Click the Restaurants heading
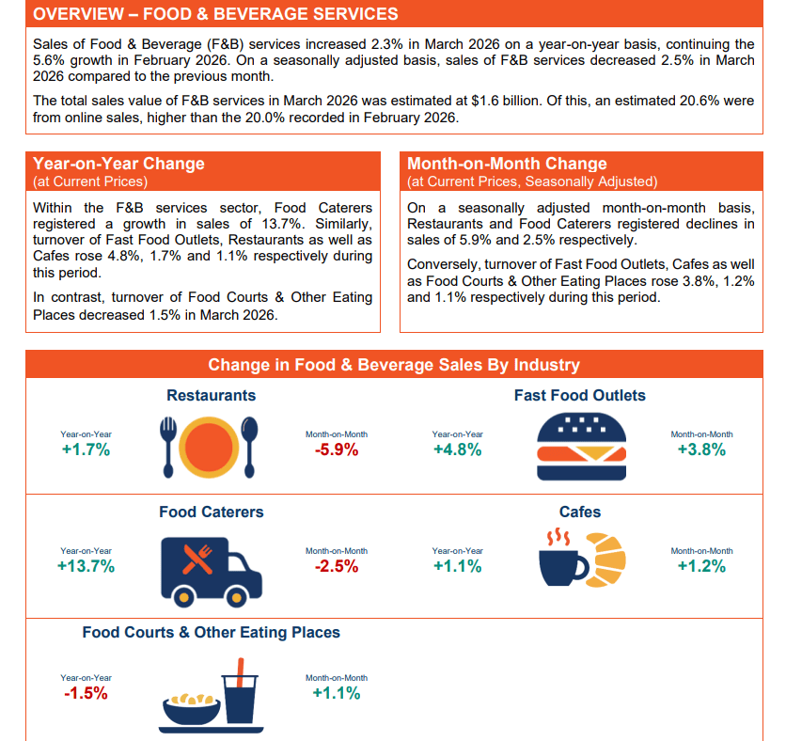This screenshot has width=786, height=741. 211,395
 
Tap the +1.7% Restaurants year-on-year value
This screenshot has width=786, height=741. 86,449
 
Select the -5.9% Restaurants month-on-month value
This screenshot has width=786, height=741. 337,449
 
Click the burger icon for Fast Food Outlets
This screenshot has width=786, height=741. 581,447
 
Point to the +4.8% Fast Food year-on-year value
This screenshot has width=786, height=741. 457,449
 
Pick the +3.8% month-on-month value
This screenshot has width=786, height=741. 701,449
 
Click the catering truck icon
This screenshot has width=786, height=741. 211,572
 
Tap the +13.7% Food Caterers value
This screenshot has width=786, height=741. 86,566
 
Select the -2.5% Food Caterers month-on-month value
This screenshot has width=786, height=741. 337,566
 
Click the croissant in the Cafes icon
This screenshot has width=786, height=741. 606,560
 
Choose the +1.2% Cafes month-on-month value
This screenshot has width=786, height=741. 701,566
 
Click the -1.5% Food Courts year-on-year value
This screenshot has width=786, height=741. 86,693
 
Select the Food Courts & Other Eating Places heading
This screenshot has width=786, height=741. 211,632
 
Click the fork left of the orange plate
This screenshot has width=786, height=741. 168,447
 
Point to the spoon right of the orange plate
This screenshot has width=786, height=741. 250,447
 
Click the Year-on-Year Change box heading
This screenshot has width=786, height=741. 118,164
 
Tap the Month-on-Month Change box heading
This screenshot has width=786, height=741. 507,164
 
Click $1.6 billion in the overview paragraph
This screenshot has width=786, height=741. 506,101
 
